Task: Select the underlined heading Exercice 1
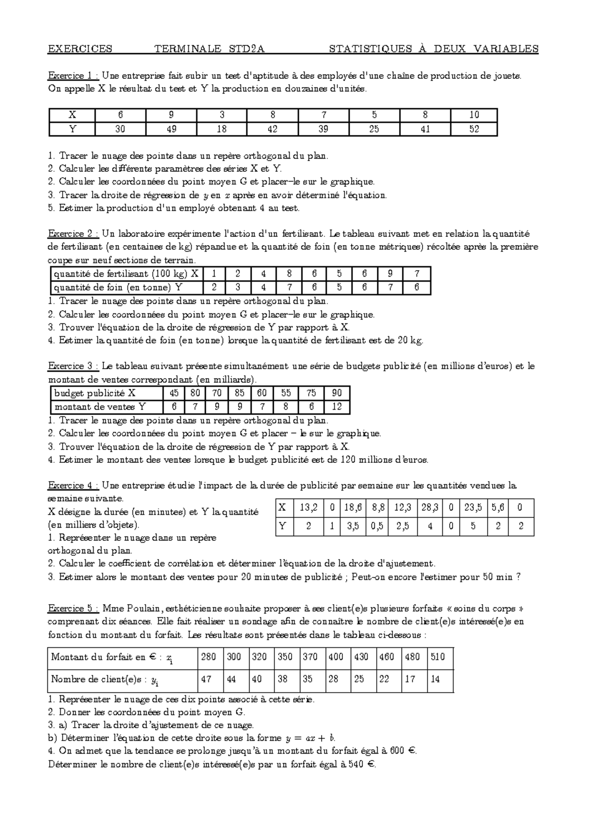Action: [73, 76]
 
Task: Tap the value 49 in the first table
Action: [171, 129]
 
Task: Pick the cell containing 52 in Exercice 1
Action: [474, 129]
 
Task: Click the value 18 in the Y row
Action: [222, 129]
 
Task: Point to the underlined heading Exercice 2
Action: [73, 234]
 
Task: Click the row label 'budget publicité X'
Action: [95, 393]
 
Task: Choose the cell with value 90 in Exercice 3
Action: [337, 393]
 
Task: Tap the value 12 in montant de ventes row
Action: [337, 407]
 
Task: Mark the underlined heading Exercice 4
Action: [73, 486]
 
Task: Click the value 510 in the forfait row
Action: [437, 657]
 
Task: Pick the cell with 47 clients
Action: [206, 679]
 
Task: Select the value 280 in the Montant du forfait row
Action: [208, 657]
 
